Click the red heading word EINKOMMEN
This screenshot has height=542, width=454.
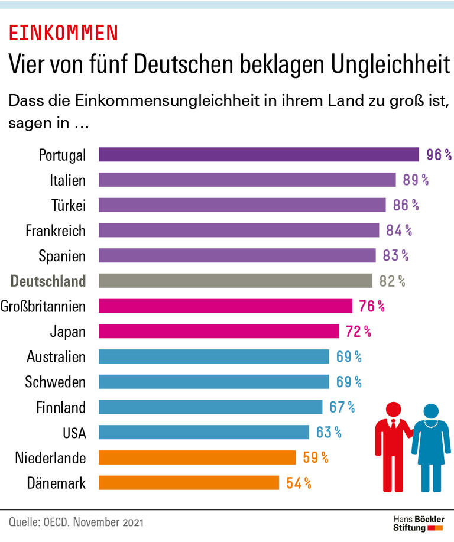click(63, 33)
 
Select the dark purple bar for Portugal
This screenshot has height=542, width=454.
click(258, 155)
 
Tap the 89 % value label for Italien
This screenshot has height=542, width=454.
click(416, 180)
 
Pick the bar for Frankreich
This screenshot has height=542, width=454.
click(238, 230)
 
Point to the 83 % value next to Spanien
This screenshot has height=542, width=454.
click(395, 255)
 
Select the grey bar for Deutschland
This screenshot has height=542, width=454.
click(235, 280)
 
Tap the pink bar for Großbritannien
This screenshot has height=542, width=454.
click(225, 306)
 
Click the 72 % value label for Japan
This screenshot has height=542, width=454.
click(358, 331)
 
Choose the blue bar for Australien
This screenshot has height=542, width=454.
click(213, 356)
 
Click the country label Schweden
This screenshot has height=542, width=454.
click(56, 382)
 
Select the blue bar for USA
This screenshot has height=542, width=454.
click(203, 432)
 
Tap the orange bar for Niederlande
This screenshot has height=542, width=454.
click(197, 457)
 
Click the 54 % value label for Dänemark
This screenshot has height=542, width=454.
click(299, 483)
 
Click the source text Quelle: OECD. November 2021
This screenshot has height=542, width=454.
click(76, 522)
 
